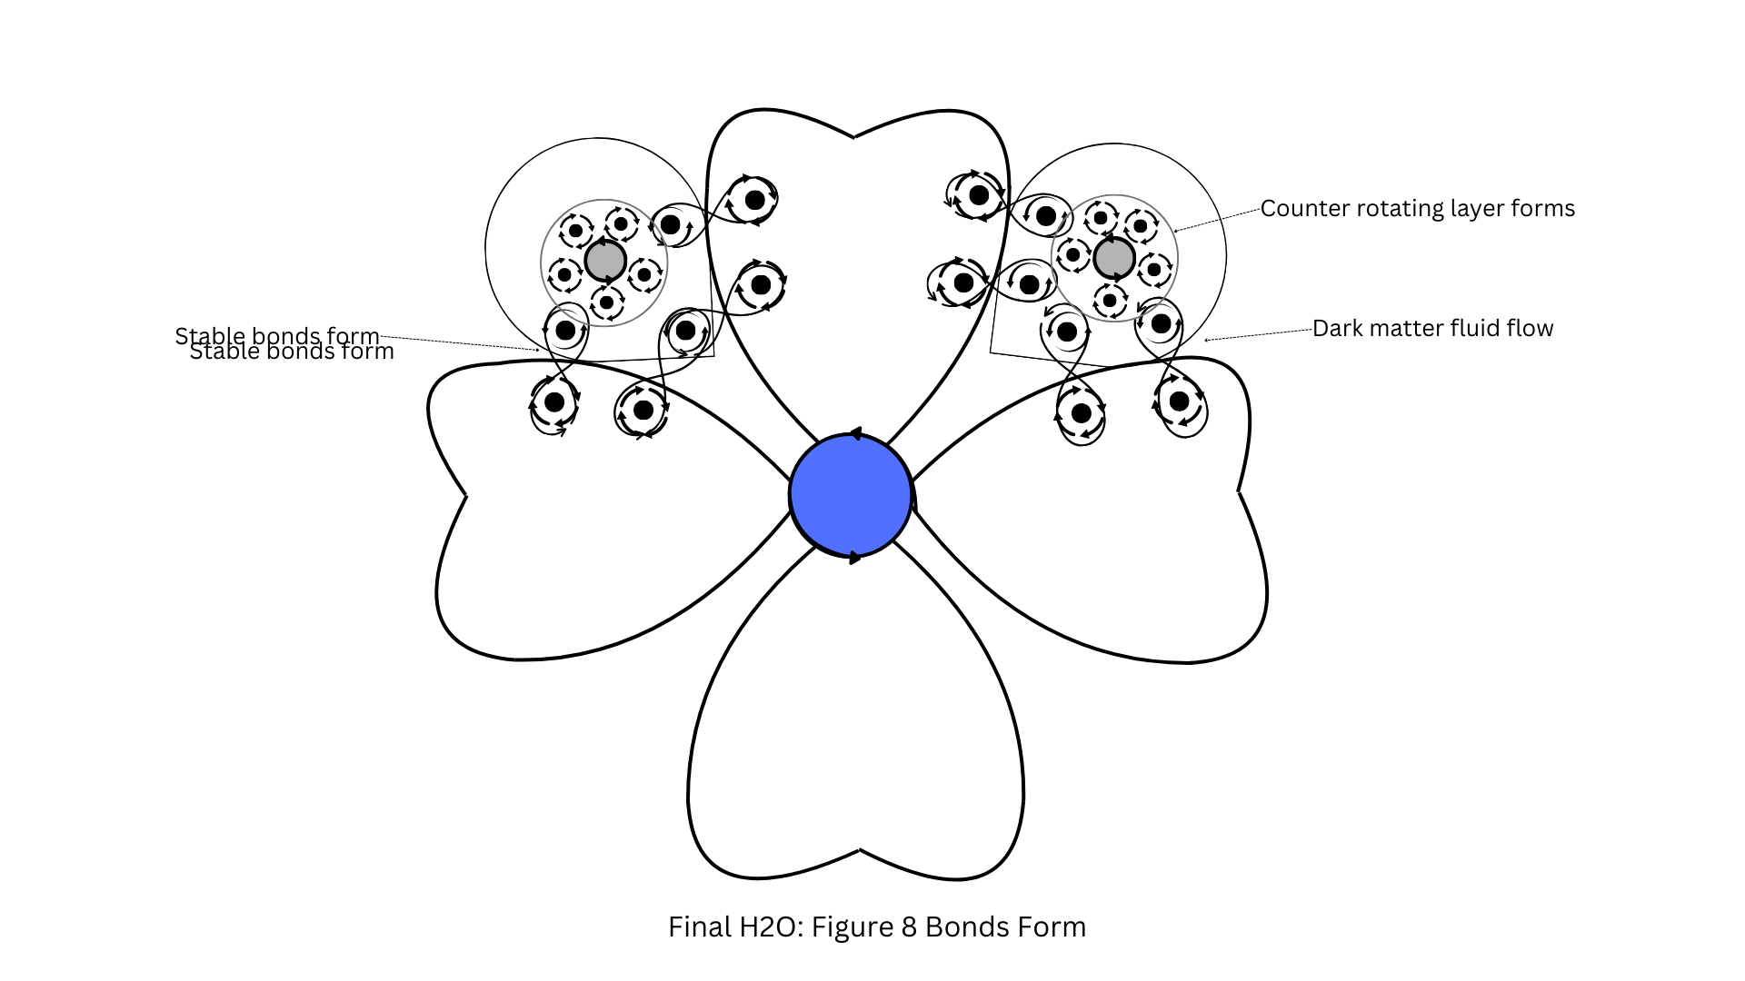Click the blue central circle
[851, 495]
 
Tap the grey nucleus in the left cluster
[605, 262]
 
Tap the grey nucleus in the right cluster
[1114, 258]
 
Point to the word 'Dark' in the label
[1339, 329]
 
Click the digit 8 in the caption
[909, 927]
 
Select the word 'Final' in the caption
[700, 927]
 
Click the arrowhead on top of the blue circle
[854, 434]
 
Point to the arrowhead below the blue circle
[854, 557]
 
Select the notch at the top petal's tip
[854, 138]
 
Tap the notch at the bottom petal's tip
[860, 850]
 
